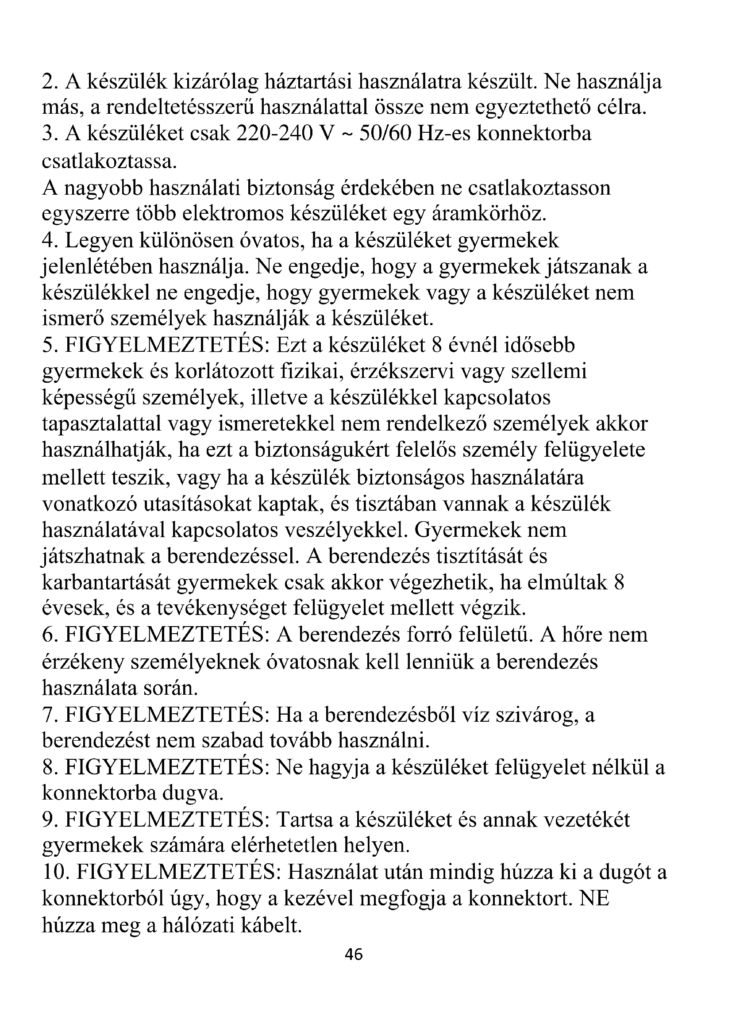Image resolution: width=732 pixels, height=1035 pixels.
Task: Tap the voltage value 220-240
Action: (274, 134)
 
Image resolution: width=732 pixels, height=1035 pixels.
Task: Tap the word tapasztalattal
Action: (101, 424)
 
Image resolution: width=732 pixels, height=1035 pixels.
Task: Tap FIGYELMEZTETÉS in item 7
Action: (167, 715)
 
